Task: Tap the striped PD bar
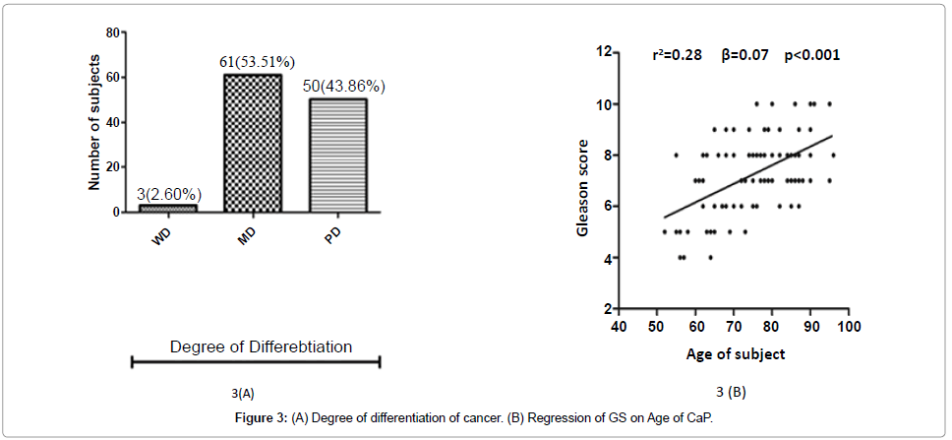point(338,155)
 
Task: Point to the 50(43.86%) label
point(343,86)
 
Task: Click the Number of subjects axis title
point(94,122)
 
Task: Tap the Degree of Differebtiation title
point(261,346)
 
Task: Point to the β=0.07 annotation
point(743,55)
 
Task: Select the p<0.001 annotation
point(811,55)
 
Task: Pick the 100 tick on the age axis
point(848,326)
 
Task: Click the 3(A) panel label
point(243,393)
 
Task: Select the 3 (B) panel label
point(731,393)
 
